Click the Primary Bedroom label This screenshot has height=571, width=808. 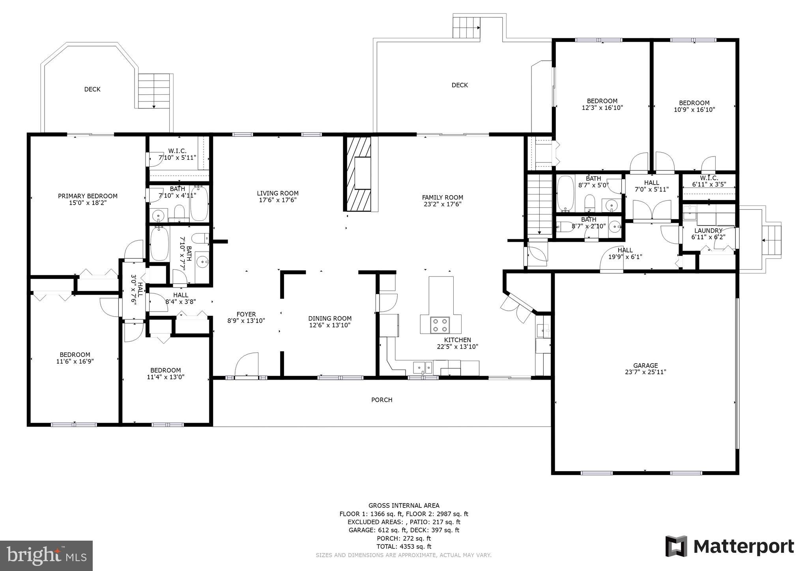[88, 196]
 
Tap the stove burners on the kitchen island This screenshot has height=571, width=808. [440, 325]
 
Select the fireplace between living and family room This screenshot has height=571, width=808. [359, 174]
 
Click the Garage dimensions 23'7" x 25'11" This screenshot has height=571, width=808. [645, 372]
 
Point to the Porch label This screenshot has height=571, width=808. [382, 400]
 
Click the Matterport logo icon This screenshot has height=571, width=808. [676, 547]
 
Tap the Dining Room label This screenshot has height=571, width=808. [330, 318]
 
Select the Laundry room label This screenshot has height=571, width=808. [708, 231]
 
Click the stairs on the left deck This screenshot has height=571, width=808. [154, 91]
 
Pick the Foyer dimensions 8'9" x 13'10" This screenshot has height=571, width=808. [246, 321]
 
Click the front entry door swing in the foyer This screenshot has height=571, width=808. [247, 365]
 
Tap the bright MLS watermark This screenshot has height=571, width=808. [46, 556]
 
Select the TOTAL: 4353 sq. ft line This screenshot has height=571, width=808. [404, 547]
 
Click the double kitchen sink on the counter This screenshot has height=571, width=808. [423, 368]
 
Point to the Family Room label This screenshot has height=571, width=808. [442, 198]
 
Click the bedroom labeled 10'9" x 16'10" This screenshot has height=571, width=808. [694, 106]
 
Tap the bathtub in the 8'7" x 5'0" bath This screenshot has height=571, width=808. [565, 194]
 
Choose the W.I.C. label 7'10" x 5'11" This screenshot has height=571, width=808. [177, 154]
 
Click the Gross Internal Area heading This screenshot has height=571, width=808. [404, 506]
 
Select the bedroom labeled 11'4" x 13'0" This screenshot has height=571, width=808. [165, 373]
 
